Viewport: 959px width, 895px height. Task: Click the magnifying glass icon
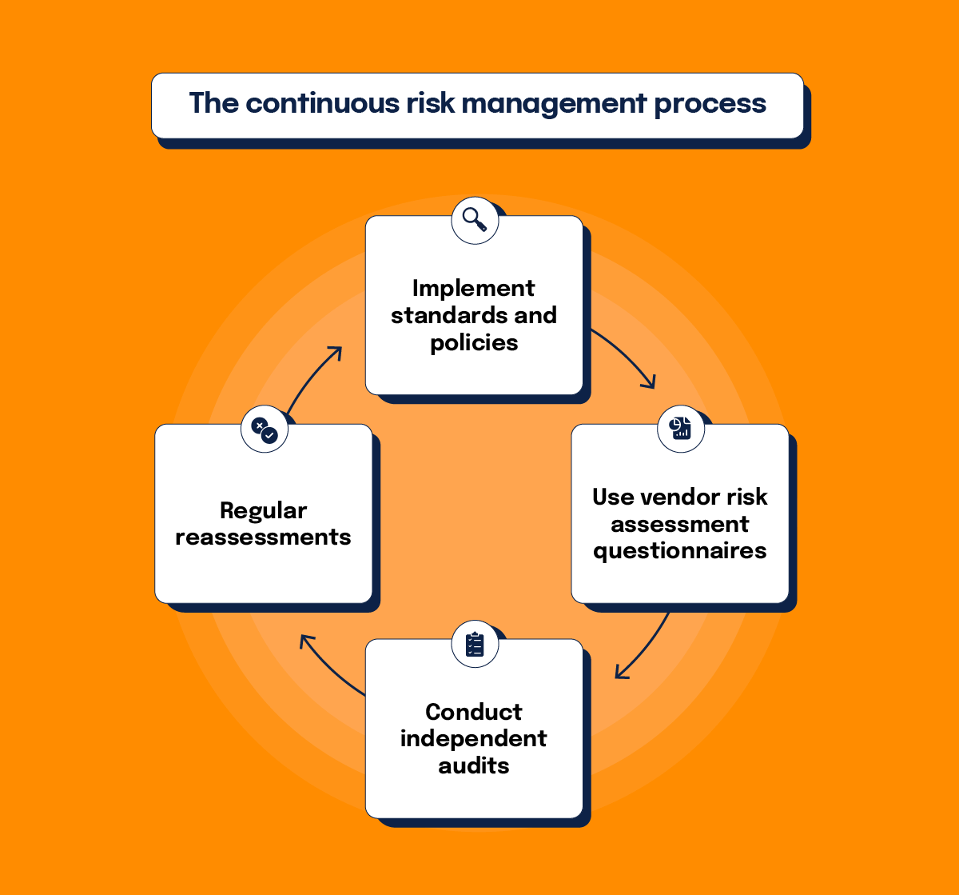(475, 220)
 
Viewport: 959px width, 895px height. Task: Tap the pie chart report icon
(680, 429)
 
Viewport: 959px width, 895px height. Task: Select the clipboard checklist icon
(475, 644)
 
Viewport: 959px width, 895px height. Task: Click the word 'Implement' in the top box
(474, 288)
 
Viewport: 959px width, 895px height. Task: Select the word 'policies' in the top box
(474, 343)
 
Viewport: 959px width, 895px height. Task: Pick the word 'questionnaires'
(680, 551)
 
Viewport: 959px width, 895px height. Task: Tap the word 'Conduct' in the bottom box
(474, 712)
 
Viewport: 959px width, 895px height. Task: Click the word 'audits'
(474, 765)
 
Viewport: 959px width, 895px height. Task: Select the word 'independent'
(474, 738)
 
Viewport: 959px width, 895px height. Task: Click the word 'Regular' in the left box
(263, 510)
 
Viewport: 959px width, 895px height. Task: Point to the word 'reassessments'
(263, 537)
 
